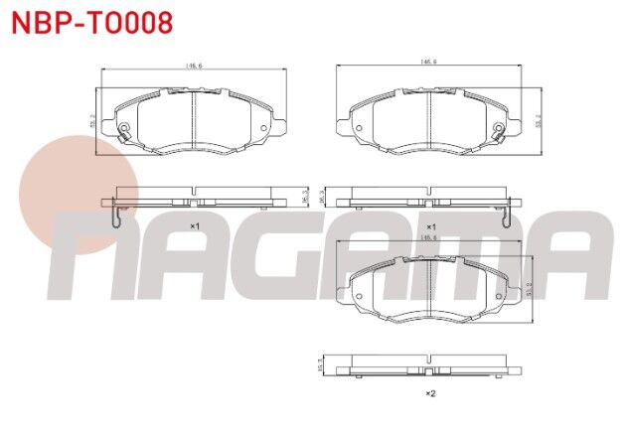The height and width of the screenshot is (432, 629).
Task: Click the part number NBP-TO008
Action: point(91,22)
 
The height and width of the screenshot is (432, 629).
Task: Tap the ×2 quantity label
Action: point(430,394)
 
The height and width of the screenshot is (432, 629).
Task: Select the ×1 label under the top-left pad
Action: point(195,227)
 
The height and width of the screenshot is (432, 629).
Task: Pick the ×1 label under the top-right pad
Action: point(430,227)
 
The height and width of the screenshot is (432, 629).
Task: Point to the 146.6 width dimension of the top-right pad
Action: point(429,62)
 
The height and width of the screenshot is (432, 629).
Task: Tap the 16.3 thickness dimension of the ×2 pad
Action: point(320,365)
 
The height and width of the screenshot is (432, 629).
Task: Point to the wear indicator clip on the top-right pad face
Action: point(503,131)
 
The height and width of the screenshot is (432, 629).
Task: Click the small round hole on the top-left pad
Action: point(262,127)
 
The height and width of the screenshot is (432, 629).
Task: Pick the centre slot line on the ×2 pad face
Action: point(429,290)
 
